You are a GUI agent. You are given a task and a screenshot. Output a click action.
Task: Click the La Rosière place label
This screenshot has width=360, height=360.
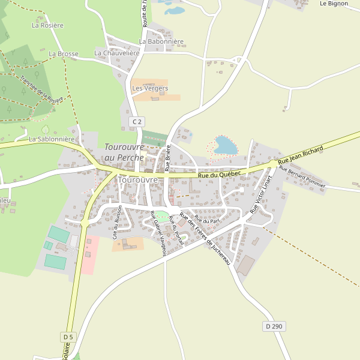point(47,25)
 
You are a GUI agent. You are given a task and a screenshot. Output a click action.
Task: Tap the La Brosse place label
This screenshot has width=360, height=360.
point(64,53)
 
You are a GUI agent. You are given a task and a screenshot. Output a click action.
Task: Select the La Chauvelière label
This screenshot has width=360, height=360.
point(117,53)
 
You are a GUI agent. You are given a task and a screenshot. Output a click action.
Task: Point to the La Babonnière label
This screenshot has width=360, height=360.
point(161,42)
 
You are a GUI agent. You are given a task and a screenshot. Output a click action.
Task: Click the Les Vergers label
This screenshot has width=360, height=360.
point(149,88)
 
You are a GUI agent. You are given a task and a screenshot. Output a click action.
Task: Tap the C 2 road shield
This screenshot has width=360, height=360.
point(137,122)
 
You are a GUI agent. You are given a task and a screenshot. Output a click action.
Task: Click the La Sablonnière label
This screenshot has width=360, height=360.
point(52,139)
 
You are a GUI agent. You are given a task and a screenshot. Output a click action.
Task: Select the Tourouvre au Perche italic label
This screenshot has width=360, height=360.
point(124,152)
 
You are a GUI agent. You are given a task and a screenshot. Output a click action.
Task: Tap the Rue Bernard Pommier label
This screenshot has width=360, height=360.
point(302,177)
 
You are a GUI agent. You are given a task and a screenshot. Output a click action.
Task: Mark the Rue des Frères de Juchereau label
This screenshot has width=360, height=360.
point(205,239)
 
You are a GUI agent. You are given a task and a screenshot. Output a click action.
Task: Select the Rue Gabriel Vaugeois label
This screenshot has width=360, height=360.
point(158,233)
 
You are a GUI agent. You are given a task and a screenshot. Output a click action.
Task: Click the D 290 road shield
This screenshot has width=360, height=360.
point(273,326)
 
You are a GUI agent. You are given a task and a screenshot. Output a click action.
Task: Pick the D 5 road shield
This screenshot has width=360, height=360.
point(68,337)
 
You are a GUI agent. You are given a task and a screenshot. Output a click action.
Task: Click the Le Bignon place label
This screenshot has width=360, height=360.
point(334,4)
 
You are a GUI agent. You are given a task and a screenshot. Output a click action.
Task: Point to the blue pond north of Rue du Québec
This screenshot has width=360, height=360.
point(226,145)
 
